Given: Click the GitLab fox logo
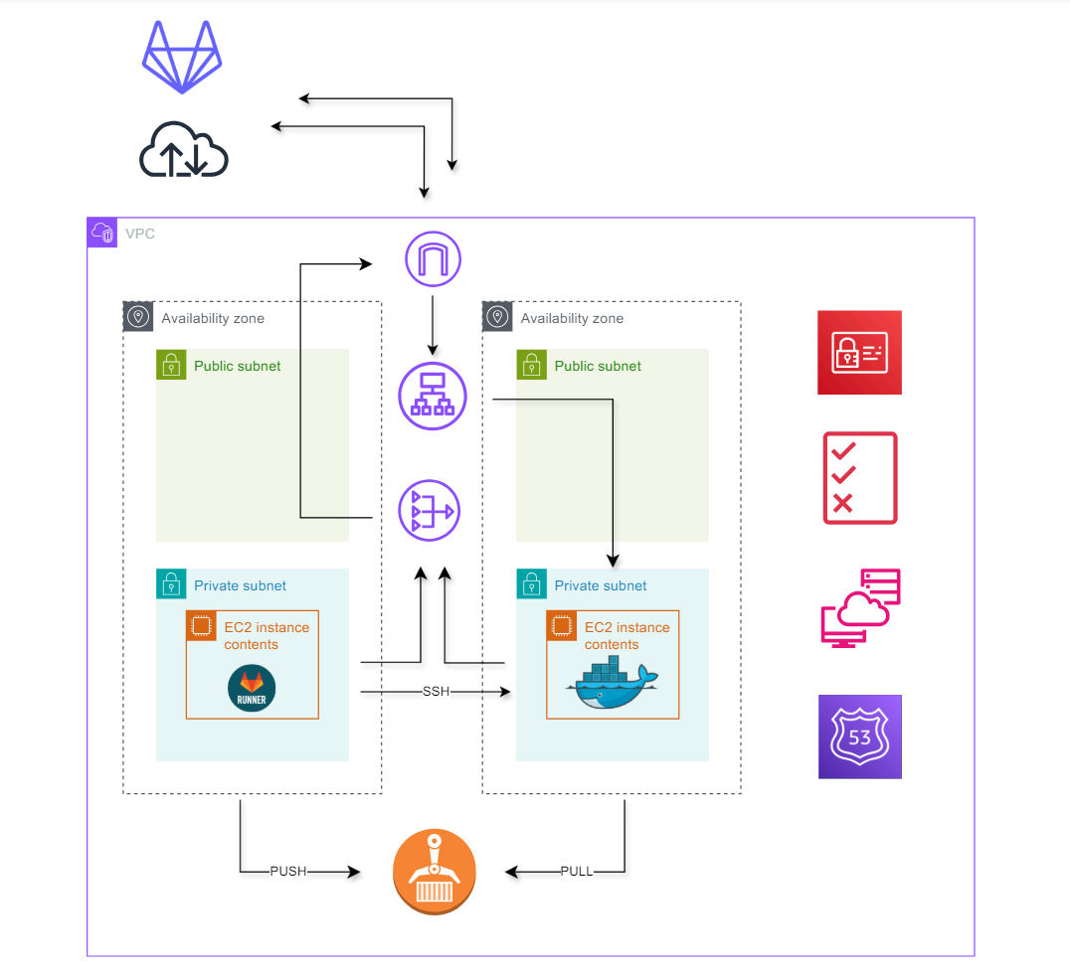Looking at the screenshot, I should pos(182,57).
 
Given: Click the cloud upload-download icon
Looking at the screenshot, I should pos(183,152).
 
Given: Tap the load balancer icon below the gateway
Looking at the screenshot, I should pos(433,396).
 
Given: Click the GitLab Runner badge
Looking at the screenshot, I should pos(252,689).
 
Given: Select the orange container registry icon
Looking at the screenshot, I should pos(435,871).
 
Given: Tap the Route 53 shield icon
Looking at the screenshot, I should pos(859,736).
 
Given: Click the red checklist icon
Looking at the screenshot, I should pos(860,478).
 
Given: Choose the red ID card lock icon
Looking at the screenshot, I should pos(859,353).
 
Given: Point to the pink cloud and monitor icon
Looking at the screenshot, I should pos(860,608).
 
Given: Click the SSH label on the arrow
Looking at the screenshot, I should pos(436,692).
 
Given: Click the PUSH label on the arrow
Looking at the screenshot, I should pos(287,872).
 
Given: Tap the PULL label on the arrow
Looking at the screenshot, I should pos(577,872).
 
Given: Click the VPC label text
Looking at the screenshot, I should pos(139,235).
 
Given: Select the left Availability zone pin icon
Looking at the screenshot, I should pos(138,317).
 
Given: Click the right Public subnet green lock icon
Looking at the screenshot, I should pos(532,365).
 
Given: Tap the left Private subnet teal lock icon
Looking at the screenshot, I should pos(171,584).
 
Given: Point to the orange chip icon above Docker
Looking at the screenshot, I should pos(562,626).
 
